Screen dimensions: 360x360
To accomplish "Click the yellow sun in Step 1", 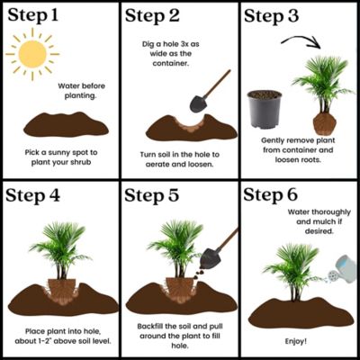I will coord(31,56).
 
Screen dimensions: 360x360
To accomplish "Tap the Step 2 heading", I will coord(158,16).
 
